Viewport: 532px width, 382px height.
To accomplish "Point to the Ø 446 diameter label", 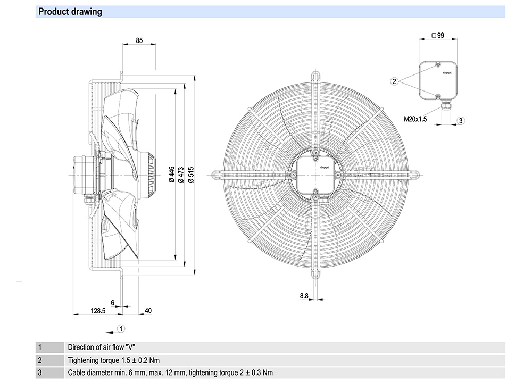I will click(172, 175).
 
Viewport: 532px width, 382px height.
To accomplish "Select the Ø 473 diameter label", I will click(181, 175).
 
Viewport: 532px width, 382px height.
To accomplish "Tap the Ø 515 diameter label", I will click(190, 175).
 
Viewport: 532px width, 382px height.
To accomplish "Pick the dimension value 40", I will click(148, 310).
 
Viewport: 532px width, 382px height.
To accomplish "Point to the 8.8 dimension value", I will click(304, 296).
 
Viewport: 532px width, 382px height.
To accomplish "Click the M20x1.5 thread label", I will click(415, 120).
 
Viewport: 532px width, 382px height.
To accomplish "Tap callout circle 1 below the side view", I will click(121, 328).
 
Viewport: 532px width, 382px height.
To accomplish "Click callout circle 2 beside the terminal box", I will click(395, 81).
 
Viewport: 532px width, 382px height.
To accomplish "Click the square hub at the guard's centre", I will click(315, 175).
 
